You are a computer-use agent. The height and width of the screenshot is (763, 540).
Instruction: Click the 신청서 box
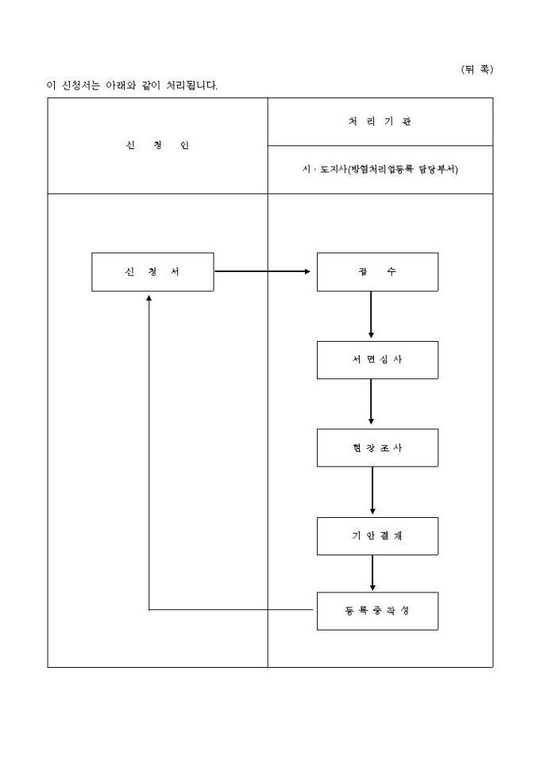coord(152,271)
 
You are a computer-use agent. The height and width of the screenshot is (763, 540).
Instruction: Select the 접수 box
coord(377,271)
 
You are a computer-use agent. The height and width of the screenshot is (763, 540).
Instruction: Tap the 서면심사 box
coord(377,360)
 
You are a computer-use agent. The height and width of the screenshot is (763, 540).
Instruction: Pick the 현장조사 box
coord(377,448)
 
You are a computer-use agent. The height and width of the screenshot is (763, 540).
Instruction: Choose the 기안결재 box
coord(377,536)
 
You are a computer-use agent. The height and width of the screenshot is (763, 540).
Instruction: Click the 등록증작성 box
coord(377,611)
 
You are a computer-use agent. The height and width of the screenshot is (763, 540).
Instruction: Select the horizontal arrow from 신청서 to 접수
coord(262,271)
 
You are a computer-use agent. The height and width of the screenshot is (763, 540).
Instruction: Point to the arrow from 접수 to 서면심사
coord(371,316)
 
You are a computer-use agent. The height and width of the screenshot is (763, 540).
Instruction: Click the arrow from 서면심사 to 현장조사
coord(371,404)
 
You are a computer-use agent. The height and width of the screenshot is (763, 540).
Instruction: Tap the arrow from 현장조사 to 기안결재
coord(372,492)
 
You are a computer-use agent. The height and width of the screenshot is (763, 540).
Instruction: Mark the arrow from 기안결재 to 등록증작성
coord(372,573)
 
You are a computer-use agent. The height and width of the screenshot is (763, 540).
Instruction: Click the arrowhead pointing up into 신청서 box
coord(148,297)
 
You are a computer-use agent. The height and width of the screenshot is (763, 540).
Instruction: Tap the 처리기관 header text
coord(380,122)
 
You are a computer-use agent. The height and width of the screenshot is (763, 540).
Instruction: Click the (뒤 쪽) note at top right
coord(476,70)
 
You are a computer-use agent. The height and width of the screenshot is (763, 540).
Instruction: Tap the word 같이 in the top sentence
coord(148,85)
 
